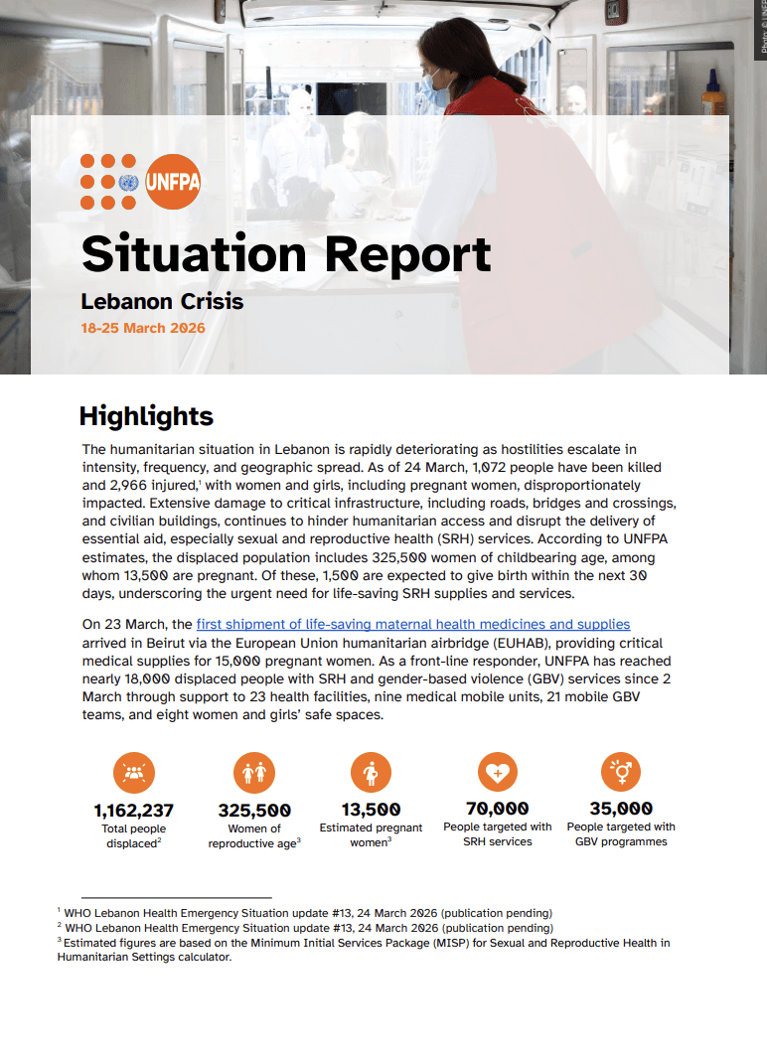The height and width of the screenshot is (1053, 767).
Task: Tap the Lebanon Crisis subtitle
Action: [162, 300]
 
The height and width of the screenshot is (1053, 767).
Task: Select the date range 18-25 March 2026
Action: [143, 328]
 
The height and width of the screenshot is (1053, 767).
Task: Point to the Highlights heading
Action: [146, 415]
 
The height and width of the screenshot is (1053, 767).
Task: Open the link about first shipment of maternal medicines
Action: [413, 624]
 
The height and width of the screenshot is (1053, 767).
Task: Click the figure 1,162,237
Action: [134, 810]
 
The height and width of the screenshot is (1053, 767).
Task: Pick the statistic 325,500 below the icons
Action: [254, 810]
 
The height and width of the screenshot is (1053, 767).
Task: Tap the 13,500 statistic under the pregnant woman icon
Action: [371, 809]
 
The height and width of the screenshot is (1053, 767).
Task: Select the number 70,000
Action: [498, 808]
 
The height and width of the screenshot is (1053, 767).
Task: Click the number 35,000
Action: [621, 808]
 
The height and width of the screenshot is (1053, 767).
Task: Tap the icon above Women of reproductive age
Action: [253, 772]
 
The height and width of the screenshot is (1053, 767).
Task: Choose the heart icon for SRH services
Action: [497, 771]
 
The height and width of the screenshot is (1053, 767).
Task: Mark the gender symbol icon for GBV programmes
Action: [621, 771]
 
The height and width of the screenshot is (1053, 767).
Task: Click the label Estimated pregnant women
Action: [371, 834]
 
